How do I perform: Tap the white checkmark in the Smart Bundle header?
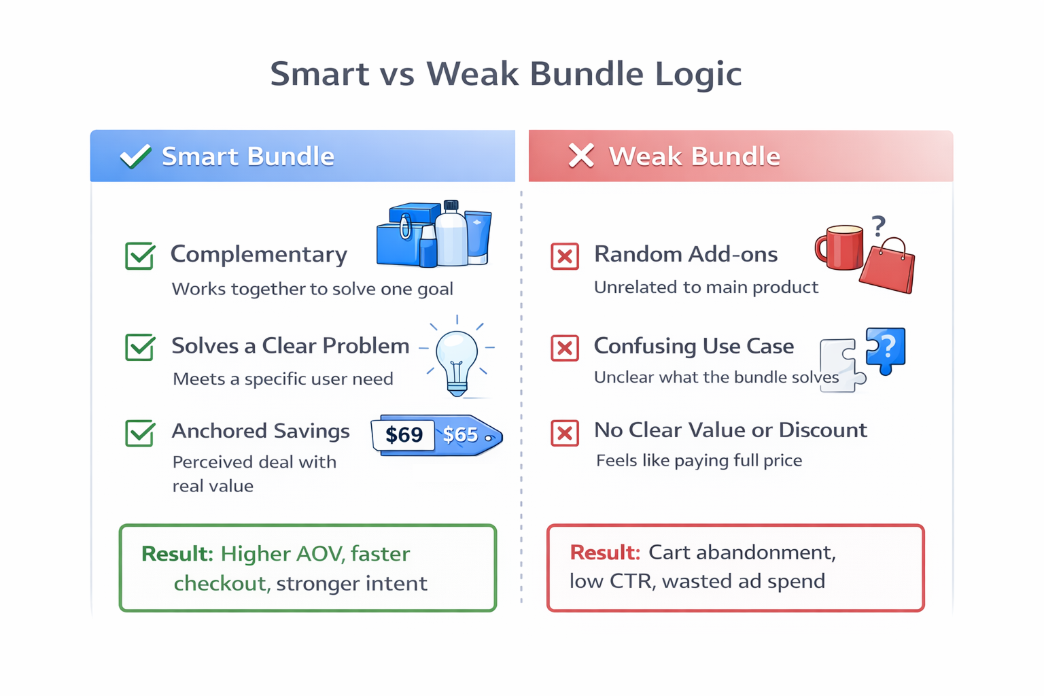(135, 156)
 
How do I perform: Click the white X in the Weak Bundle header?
(581, 156)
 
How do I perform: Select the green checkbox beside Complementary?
(140, 256)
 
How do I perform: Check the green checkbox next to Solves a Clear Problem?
(140, 347)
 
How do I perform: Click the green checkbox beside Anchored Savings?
(140, 433)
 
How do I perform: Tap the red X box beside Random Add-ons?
(565, 256)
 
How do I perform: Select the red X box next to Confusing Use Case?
(565, 348)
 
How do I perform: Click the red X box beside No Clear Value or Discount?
(565, 433)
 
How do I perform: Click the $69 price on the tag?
(404, 435)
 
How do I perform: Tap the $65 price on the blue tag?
(460, 435)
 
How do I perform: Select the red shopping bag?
(888, 268)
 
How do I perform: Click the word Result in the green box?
(177, 554)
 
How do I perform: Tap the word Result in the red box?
(605, 553)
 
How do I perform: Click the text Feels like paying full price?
(699, 461)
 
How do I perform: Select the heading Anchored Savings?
(260, 431)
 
